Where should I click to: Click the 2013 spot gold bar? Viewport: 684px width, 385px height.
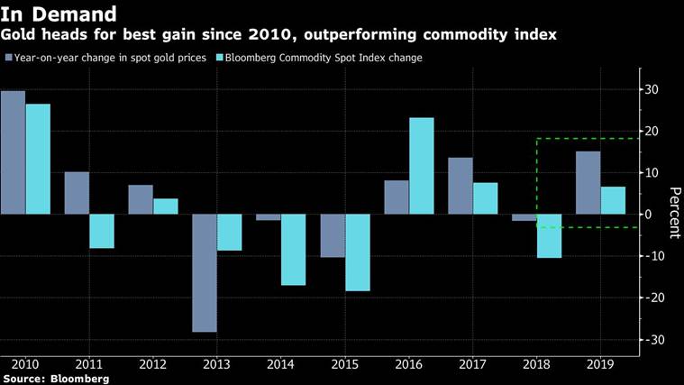pyautogui.click(x=204, y=272)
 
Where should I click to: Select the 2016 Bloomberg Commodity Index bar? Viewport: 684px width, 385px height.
pyautogui.click(x=421, y=166)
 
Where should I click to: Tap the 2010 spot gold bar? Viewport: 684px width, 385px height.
pyautogui.click(x=13, y=152)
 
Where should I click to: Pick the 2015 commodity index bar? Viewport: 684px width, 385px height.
pyautogui.click(x=358, y=252)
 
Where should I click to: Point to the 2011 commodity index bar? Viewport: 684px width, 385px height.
pyautogui.click(x=102, y=231)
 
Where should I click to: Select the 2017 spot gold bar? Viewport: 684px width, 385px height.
pyautogui.click(x=460, y=186)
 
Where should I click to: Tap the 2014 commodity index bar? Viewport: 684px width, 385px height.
pyautogui.click(x=293, y=250)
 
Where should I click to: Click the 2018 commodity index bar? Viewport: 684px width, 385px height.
pyautogui.click(x=549, y=236)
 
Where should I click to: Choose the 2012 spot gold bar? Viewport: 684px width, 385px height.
pyautogui.click(x=140, y=199)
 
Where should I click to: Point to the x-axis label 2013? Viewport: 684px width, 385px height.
pyautogui.click(x=216, y=365)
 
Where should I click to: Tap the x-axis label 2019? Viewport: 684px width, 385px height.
pyautogui.click(x=600, y=365)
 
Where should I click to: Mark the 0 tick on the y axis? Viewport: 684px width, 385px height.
pyautogui.click(x=658, y=215)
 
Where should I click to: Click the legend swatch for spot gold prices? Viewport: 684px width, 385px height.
pyautogui.click(x=8, y=58)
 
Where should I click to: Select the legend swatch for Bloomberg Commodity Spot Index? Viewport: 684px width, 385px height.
pyautogui.click(x=221, y=58)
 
